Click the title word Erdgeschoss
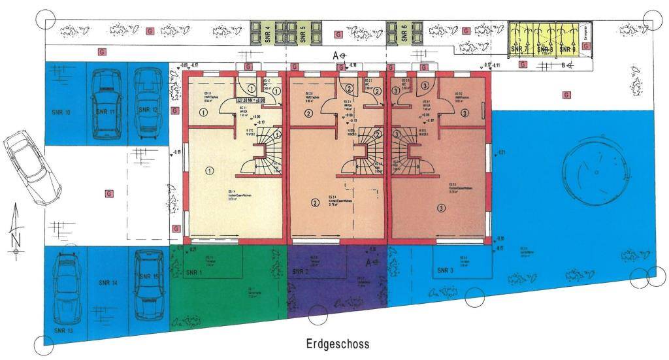pos(338,344)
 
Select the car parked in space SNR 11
pos(105,104)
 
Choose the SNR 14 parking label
pos(108,283)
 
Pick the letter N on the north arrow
pos(16,240)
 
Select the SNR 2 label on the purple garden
pos(301,272)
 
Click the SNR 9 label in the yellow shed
pos(568,49)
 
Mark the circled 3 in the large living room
pos(442,208)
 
